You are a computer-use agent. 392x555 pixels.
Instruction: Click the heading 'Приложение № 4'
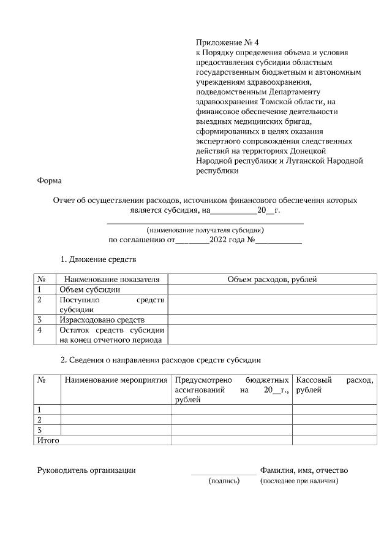[227, 42]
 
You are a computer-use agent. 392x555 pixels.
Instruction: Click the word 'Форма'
[50, 181]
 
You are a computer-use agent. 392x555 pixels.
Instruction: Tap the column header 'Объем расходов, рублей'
[272, 279]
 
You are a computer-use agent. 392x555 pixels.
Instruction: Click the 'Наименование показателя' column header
[111, 279]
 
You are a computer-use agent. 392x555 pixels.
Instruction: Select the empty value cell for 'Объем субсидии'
[272, 289]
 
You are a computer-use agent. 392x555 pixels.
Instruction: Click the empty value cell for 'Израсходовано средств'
[272, 320]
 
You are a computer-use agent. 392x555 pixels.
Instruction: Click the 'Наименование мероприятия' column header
[116, 380]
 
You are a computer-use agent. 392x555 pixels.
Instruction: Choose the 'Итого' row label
[49, 440]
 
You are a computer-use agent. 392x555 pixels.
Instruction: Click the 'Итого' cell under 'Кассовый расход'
[334, 440]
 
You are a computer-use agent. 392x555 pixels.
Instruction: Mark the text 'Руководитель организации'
[86, 470]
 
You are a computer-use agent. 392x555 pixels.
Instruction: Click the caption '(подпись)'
[224, 481]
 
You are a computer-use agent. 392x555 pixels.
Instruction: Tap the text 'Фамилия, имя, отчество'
[304, 470]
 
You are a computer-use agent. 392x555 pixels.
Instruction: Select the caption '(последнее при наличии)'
[299, 481]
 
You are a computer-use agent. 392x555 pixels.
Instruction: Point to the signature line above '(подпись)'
[224, 475]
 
